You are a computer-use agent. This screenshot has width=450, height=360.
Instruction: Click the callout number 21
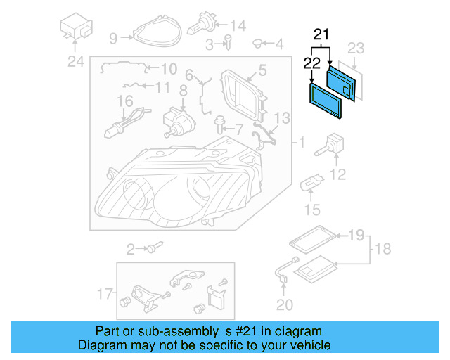coord(321,34)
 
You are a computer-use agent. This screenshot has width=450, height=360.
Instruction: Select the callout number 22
coord(311,63)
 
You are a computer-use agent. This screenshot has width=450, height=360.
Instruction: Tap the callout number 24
coord(75,62)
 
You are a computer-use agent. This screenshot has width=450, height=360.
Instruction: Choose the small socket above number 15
coord(310,184)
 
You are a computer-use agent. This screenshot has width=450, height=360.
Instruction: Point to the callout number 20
coord(284,304)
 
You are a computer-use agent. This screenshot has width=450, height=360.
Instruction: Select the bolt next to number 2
coord(154,247)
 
